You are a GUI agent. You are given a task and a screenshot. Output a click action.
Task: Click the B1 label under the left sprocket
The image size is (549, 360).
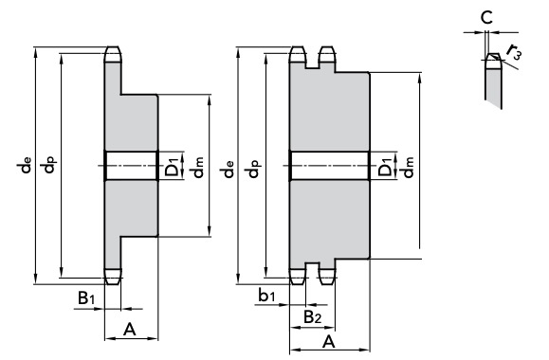86,298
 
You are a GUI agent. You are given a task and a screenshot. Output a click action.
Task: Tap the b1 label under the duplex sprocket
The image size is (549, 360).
266,296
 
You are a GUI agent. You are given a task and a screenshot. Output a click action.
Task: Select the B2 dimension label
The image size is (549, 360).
312,317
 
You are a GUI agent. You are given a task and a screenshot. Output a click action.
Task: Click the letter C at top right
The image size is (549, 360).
486,18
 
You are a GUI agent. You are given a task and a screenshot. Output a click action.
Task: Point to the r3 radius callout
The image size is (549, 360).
514,51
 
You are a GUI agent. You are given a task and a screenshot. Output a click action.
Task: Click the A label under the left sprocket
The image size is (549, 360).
130,330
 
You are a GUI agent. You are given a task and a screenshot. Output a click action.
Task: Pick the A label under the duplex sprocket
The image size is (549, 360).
328,341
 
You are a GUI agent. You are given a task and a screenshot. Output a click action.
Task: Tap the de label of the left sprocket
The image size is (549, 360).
26,165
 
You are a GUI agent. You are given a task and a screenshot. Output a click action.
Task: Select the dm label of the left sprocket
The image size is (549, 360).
198,168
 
